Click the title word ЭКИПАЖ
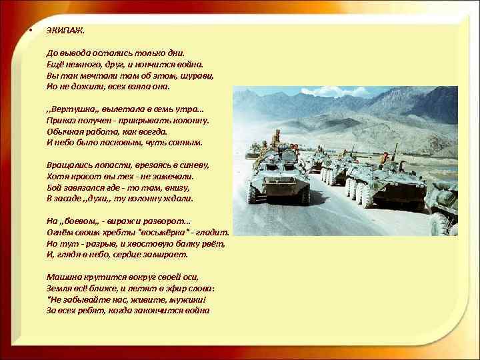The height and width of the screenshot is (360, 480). click(65, 31)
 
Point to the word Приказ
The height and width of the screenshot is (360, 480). click(61, 120)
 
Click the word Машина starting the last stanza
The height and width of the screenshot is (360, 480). click(64, 277)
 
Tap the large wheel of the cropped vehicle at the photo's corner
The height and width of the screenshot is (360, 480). click(439, 224)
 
